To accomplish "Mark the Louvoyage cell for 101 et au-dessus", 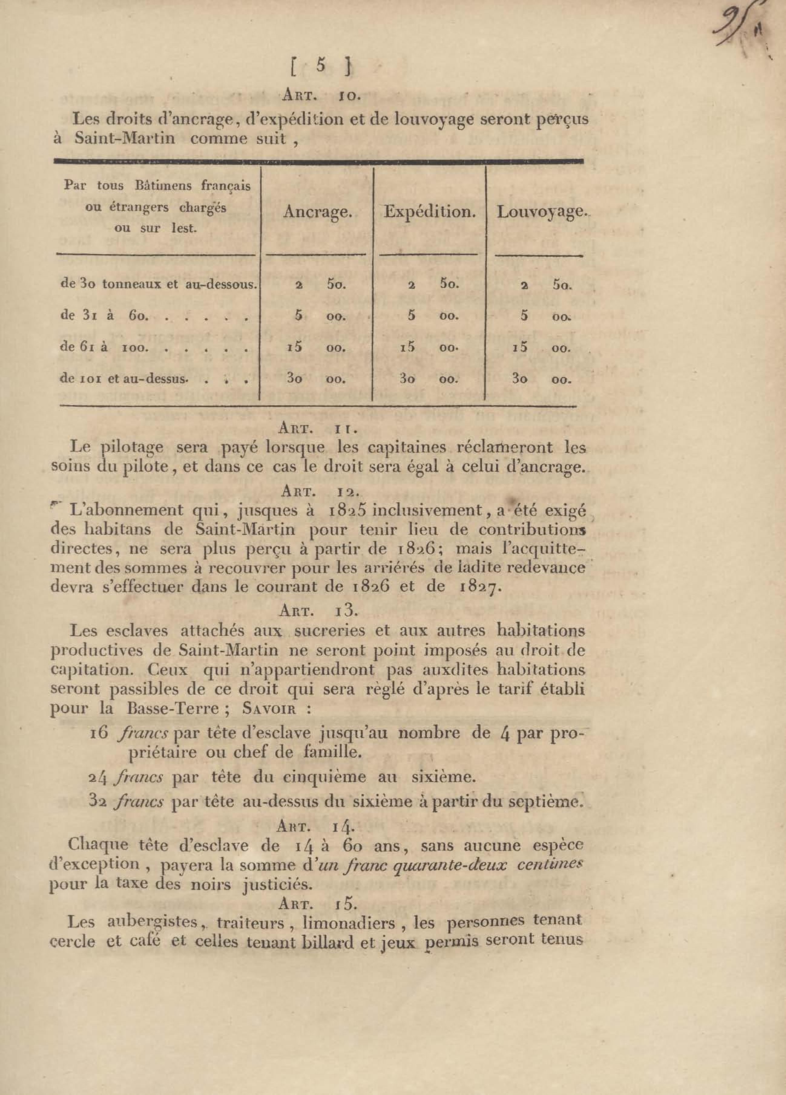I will coord(541,380).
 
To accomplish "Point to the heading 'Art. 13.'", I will coord(318,611).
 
